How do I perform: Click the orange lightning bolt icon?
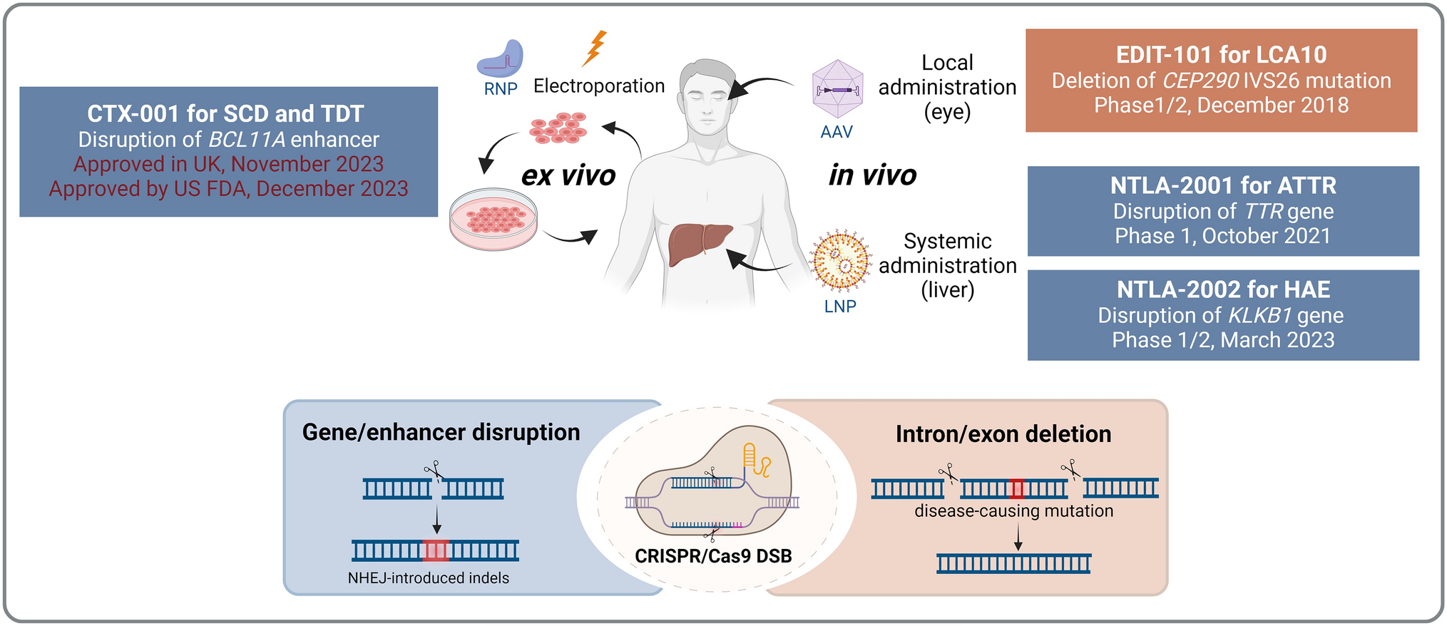594,48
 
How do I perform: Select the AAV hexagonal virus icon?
837,89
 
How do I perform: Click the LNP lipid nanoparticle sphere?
841,262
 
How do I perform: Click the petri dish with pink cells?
493,219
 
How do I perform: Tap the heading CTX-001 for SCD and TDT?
225,113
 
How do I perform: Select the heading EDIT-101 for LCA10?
1221,55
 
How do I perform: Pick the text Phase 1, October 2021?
1222,236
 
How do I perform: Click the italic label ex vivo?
568,175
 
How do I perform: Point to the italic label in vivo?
872,175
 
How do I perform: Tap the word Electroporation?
599,86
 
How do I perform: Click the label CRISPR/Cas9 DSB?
713,556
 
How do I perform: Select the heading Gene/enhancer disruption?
441,432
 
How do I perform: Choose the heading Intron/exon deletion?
1003,434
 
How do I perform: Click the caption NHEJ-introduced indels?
428,578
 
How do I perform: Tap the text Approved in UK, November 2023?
228,164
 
